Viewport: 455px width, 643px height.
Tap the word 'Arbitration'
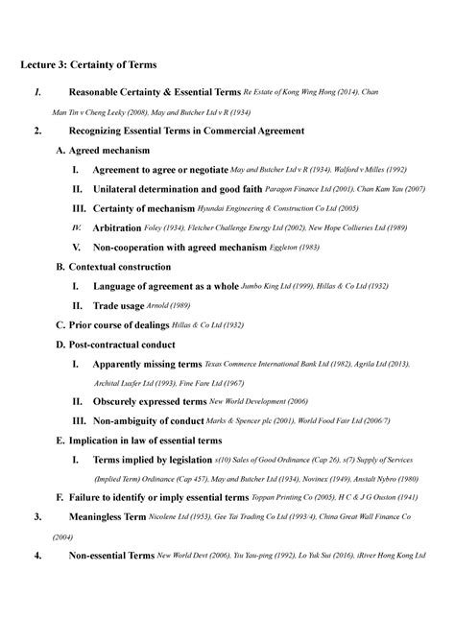pos(125,228)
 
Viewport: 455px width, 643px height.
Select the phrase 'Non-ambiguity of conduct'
pos(149,421)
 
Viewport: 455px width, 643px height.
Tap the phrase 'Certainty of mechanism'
pos(143,209)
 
